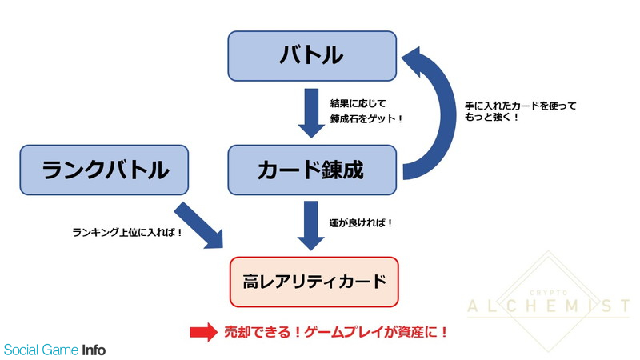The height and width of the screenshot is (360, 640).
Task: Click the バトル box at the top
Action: click(x=312, y=56)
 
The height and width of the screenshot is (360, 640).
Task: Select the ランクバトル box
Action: click(x=104, y=170)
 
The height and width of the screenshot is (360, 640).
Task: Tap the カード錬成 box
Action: click(x=312, y=170)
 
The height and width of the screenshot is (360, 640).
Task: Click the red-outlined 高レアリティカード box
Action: click(x=314, y=282)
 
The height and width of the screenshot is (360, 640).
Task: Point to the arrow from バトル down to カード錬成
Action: click(x=311, y=113)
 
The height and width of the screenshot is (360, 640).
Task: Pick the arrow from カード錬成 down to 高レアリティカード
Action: click(x=311, y=226)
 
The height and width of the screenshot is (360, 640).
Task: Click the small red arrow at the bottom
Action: click(x=204, y=332)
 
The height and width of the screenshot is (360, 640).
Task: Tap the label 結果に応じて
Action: click(x=358, y=104)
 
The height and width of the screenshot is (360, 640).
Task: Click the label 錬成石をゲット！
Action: click(x=366, y=118)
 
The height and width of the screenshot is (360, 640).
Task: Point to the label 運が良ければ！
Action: click(x=361, y=223)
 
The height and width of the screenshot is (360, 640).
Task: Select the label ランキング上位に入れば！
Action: click(x=127, y=233)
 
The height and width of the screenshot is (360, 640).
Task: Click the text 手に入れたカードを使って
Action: click(x=521, y=106)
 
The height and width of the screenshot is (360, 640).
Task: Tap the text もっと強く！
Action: click(x=492, y=117)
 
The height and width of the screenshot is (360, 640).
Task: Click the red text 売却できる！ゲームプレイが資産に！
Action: click(x=336, y=332)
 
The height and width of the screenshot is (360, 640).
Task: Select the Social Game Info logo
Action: click(x=54, y=350)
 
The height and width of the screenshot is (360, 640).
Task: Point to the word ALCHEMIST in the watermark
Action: click(x=549, y=306)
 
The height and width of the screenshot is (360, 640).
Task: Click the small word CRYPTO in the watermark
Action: click(x=549, y=293)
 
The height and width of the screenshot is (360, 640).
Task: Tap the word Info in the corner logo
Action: click(x=94, y=350)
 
